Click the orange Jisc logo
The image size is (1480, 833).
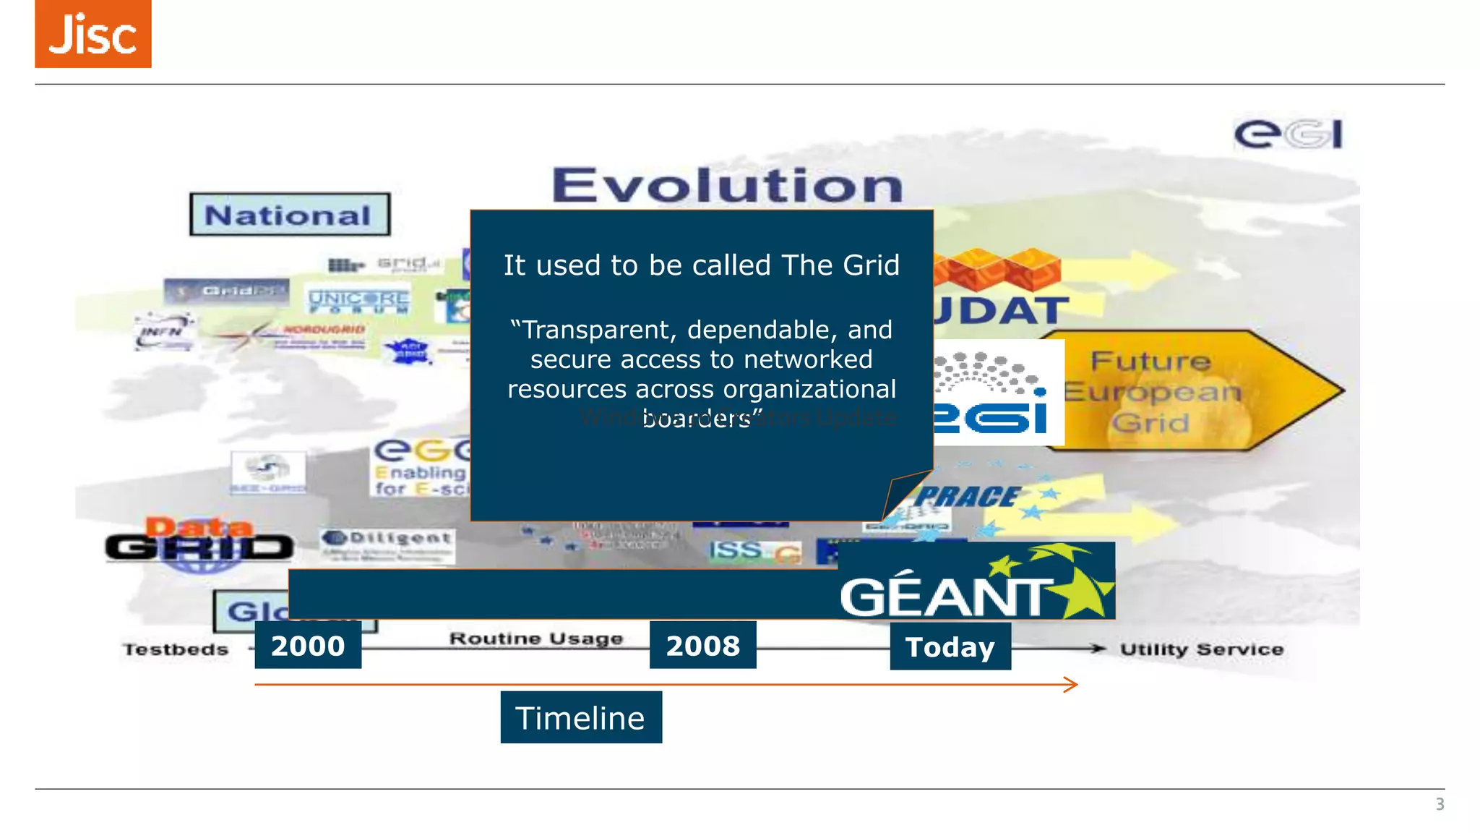click(93, 34)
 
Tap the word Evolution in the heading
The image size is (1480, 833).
click(727, 185)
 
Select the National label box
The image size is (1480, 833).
click(290, 215)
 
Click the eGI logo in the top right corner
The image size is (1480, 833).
click(1288, 134)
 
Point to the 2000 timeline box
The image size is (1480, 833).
click(308, 645)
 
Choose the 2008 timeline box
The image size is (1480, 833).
click(702, 645)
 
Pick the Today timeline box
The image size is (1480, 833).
click(950, 646)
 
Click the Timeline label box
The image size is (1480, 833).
click(580, 717)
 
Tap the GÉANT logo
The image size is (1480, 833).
click(976, 582)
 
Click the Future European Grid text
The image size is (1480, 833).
click(1151, 391)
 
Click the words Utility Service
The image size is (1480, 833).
click(1201, 649)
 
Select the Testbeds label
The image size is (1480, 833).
click(175, 649)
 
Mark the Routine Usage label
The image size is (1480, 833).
click(535, 638)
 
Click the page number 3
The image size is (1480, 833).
click(1440, 804)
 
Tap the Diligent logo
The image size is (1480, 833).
click(388, 545)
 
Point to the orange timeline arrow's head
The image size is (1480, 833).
click(1074, 684)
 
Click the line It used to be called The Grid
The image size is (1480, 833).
click(701, 265)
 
